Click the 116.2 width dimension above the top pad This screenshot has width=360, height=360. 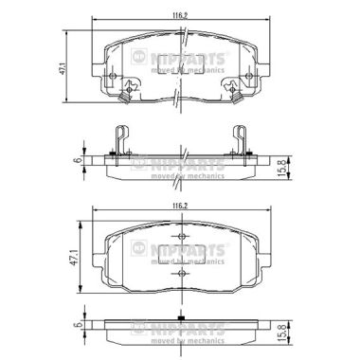click(180, 15)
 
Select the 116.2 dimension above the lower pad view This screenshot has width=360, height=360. click(180, 206)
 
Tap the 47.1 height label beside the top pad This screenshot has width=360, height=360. click(62, 68)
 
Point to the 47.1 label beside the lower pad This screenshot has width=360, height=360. click(75, 258)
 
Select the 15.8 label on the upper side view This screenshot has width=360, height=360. click(283, 168)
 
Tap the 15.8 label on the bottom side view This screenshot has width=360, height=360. click(283, 333)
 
